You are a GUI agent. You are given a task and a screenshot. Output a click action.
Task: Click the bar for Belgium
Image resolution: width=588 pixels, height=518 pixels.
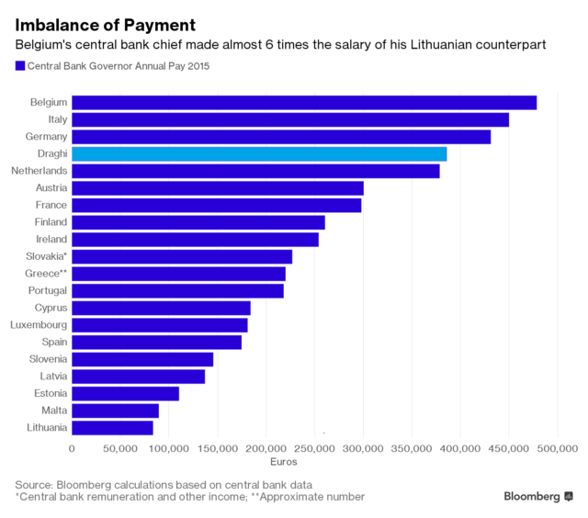[303, 102]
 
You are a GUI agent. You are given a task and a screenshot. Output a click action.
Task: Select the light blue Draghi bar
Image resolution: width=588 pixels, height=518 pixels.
[259, 153]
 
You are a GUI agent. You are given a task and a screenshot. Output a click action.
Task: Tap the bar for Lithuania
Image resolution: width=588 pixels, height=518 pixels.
[112, 427]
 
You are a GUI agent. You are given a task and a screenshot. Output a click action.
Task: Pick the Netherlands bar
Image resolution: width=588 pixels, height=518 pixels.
[255, 171]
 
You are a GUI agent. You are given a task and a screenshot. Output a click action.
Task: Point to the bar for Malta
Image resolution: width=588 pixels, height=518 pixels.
[115, 411]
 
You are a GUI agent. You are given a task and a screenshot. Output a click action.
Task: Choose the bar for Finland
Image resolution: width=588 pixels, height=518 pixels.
[198, 222]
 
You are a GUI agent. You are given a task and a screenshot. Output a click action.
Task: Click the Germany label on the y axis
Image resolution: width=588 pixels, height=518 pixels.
[46, 137]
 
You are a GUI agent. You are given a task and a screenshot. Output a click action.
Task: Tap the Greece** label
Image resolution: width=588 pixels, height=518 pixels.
[43, 274]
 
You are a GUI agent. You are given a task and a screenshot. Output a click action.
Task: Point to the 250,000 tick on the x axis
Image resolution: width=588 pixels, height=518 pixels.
[315, 448]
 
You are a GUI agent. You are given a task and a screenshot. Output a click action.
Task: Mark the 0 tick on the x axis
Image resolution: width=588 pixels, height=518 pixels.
[72, 448]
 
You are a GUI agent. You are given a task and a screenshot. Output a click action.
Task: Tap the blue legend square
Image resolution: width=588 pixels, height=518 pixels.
[19, 66]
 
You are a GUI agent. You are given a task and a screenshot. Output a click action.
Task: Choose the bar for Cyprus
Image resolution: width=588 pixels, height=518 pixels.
[161, 308]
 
